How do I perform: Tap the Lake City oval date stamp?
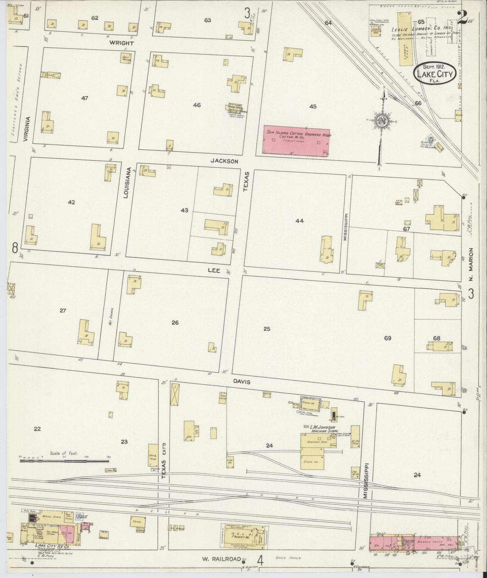click(x=435, y=72)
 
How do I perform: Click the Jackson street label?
click(x=224, y=161)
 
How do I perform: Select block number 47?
click(x=85, y=98)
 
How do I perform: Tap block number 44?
click(x=299, y=221)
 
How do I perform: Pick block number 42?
click(x=71, y=202)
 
